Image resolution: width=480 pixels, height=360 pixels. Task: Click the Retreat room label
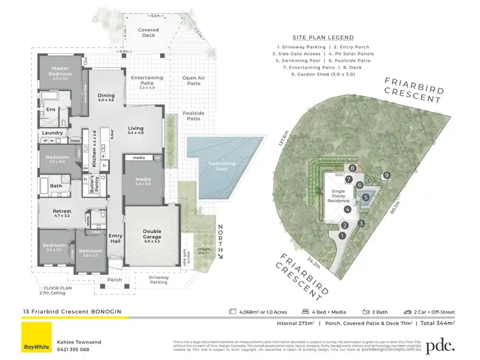tap(62, 212)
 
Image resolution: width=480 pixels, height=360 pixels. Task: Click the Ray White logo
tap(36, 338)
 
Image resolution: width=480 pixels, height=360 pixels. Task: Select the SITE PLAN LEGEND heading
tap(323, 38)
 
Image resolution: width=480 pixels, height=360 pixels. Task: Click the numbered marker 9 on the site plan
tap(386, 174)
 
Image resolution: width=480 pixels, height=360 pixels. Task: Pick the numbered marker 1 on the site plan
tap(341, 235)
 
